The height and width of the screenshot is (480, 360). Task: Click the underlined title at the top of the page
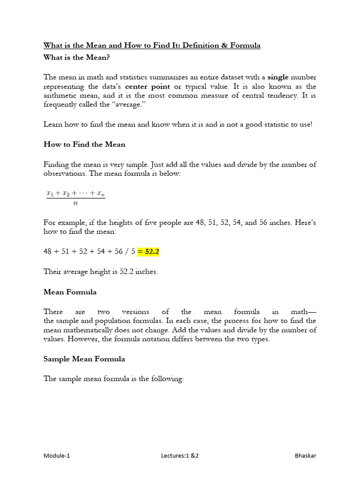click(x=152, y=45)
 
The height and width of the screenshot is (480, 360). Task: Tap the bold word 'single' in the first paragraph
click(x=278, y=77)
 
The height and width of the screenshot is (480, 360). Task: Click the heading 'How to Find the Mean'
click(x=84, y=144)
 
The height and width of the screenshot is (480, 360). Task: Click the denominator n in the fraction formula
click(x=75, y=203)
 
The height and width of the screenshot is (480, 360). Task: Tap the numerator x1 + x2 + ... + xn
click(x=75, y=193)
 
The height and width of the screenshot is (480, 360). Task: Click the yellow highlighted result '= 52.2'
click(x=149, y=252)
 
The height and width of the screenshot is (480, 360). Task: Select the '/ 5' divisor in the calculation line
click(x=130, y=252)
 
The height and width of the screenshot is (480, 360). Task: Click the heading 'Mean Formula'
click(x=70, y=292)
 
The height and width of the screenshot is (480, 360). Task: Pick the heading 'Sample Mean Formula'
click(x=84, y=359)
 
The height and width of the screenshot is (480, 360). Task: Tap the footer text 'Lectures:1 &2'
click(x=179, y=456)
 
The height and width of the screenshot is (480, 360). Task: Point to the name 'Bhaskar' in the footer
click(x=305, y=456)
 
